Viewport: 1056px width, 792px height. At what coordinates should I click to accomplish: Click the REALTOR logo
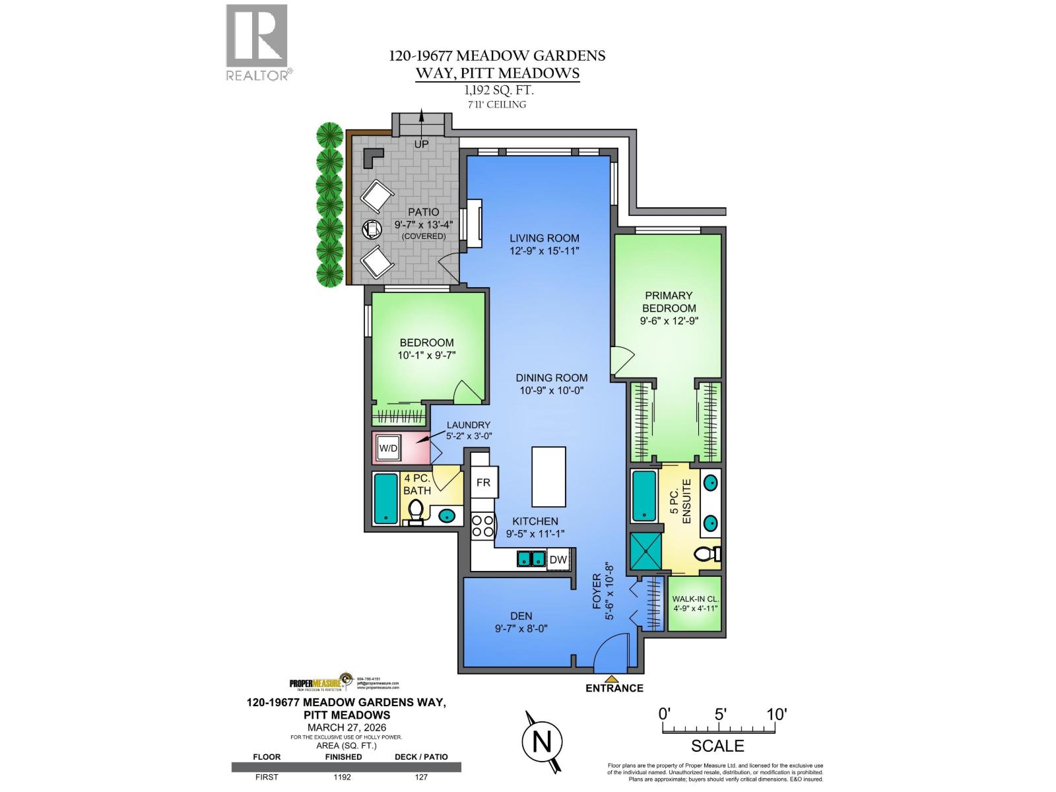click(x=257, y=42)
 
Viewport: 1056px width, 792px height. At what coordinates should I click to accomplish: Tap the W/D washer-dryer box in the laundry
click(x=388, y=449)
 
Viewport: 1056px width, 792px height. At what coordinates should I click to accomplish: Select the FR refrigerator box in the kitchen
click(x=483, y=482)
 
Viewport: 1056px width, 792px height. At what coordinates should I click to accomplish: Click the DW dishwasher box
click(x=558, y=560)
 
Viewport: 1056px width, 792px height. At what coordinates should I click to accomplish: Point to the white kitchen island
click(x=549, y=475)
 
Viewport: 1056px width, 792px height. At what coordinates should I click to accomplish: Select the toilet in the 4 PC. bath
click(x=416, y=512)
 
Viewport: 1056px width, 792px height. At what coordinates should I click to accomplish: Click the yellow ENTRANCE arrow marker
click(x=612, y=678)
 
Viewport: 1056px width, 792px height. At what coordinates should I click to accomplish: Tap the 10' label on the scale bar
click(x=776, y=713)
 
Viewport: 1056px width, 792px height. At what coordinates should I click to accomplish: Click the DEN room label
click(x=521, y=616)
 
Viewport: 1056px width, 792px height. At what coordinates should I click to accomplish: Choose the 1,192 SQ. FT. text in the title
click(x=497, y=91)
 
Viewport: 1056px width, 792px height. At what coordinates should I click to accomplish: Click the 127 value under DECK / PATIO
click(x=421, y=777)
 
